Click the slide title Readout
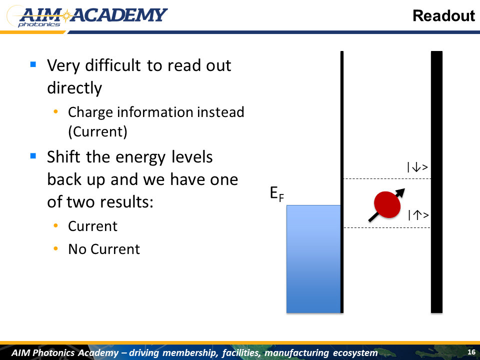pyautogui.click(x=443, y=16)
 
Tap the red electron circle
pyautogui.click(x=387, y=205)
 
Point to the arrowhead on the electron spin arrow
pyautogui.click(x=400, y=192)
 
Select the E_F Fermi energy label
pyautogui.click(x=277, y=194)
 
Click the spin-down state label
pyautogui.click(x=417, y=167)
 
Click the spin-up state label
pyautogui.click(x=418, y=215)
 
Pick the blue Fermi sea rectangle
pyautogui.click(x=313, y=259)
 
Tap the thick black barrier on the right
pyautogui.click(x=436, y=182)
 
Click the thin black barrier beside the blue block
pyautogui.click(x=342, y=182)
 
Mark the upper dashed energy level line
pyautogui.click(x=387, y=179)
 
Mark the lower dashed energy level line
pyautogui.click(x=387, y=228)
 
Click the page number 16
pyautogui.click(x=471, y=352)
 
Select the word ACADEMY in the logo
pyautogui.click(x=119, y=15)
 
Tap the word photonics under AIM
pyautogui.click(x=39, y=24)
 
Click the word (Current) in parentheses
pyautogui.click(x=97, y=132)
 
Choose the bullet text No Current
pyautogui.click(x=104, y=249)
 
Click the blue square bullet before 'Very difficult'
pyautogui.click(x=33, y=64)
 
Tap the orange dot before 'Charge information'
pyautogui.click(x=55, y=111)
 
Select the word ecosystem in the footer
pyautogui.click(x=355, y=353)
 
